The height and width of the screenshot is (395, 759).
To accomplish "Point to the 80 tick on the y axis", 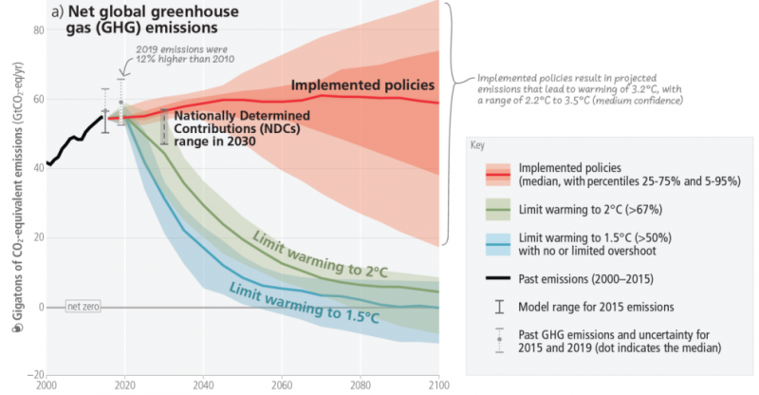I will [39, 30].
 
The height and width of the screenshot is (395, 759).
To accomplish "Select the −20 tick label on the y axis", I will [36, 375].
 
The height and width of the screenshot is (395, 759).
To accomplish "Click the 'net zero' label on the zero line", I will [82, 307].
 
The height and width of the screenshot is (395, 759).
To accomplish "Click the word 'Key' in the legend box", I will [477, 145].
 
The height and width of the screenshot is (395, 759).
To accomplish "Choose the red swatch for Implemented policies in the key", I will [503, 173].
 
